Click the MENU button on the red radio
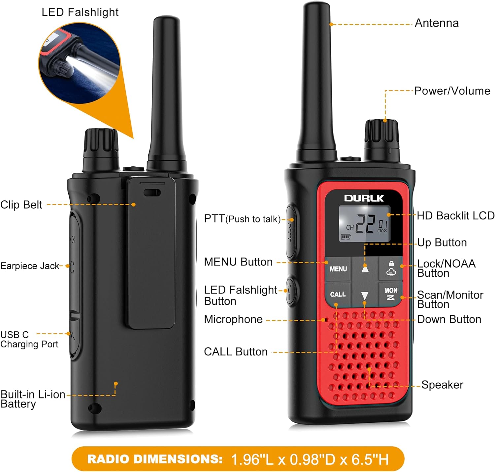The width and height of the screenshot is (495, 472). tap(338, 269)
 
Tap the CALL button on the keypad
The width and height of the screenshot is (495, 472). tap(338, 294)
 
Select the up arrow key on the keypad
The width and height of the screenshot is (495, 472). tap(365, 269)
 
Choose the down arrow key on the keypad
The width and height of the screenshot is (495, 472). tap(365, 295)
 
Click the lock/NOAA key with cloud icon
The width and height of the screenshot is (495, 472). tap(391, 269)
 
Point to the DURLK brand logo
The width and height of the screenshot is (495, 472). tap(364, 198)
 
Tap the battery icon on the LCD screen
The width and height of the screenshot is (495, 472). tap(346, 237)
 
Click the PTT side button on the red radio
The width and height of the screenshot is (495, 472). tap(290, 231)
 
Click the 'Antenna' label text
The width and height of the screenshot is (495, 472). tap(436, 23)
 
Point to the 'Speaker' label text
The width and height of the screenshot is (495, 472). tap(442, 385)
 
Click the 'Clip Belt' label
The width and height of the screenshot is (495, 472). tap(21, 205)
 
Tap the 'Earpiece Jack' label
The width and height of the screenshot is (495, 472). tap(30, 266)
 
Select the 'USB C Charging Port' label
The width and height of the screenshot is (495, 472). tap(29, 339)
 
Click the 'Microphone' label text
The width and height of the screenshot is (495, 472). tap(233, 319)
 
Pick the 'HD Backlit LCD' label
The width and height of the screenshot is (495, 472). tap(455, 216)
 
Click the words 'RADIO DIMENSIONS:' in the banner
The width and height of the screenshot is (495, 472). tap(155, 459)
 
